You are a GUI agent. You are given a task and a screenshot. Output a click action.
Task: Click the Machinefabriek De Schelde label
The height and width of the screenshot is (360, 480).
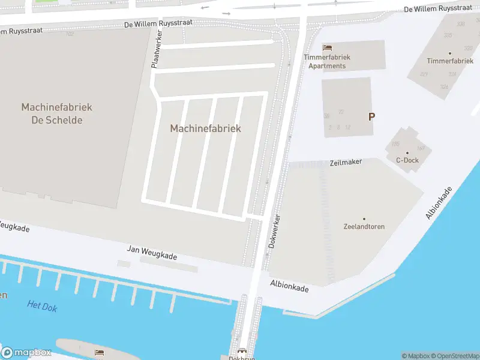56,113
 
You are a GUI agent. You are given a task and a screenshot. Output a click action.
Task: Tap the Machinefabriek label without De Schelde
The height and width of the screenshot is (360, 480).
205,128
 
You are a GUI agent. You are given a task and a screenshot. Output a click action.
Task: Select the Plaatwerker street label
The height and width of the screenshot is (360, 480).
156,49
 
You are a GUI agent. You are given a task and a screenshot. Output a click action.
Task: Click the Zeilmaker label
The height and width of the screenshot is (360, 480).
346,163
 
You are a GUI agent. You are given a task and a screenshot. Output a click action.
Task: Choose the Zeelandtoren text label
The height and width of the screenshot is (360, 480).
364,227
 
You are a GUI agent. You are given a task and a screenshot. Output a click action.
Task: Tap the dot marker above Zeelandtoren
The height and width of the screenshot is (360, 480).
364,219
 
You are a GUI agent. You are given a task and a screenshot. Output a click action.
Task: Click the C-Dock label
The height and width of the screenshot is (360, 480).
407,160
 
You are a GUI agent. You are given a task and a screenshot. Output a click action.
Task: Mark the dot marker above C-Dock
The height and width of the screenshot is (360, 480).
407,153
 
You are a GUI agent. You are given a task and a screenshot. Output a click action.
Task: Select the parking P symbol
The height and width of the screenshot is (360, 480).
371,117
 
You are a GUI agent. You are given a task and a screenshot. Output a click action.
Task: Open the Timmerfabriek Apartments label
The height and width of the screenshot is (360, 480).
327,61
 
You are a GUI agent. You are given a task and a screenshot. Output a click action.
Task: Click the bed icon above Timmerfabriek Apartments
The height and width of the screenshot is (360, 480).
327,47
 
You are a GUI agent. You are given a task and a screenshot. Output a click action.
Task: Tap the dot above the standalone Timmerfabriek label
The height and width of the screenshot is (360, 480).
450,53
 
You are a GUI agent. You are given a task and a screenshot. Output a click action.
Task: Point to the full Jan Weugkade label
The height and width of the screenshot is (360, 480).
152,252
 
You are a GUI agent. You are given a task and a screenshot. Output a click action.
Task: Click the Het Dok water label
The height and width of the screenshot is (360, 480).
42,305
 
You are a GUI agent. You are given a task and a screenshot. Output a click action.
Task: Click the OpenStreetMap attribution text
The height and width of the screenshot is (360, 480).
455,356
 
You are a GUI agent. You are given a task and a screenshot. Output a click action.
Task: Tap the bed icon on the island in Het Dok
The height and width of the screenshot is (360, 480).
99,352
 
